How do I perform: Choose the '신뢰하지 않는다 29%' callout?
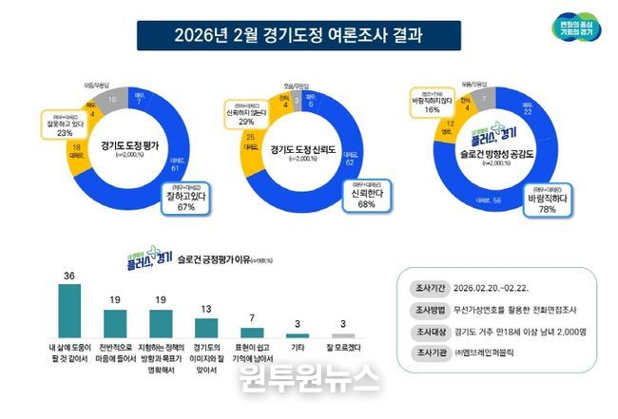click(246, 116)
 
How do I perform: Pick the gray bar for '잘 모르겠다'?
click(342, 335)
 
